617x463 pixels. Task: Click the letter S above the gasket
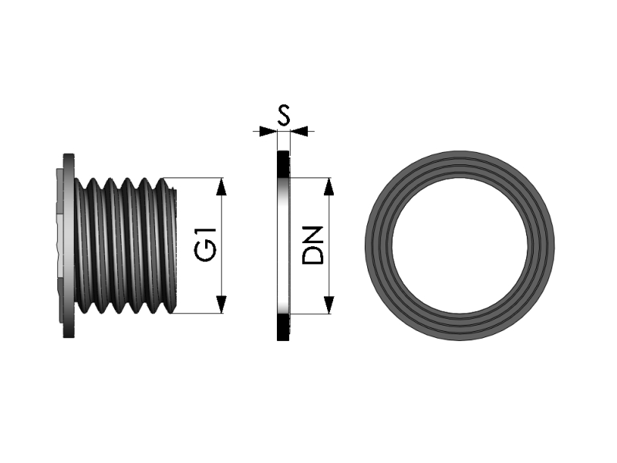point(283,116)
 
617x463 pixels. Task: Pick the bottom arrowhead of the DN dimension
point(329,306)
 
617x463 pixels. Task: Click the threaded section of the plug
point(123,245)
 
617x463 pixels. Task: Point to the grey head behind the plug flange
point(59,231)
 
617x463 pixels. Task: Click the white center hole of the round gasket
point(460,246)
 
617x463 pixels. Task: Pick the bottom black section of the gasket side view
point(283,327)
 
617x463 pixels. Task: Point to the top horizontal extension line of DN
point(312,178)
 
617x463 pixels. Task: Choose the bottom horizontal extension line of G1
point(201,313)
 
